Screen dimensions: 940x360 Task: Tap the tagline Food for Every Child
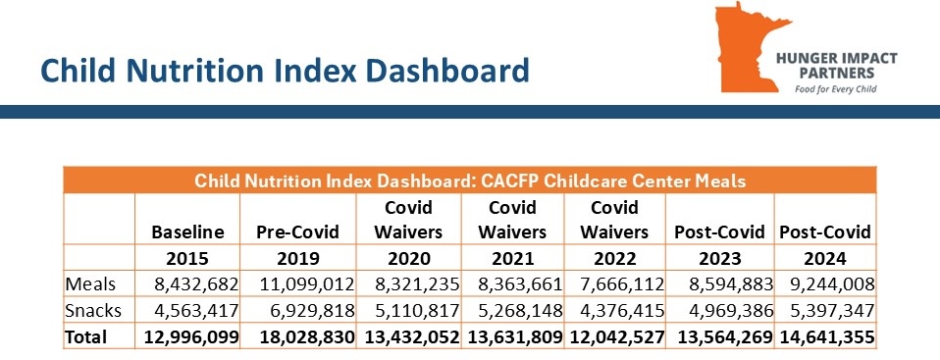click(836, 89)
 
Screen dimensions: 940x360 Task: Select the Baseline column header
click(187, 231)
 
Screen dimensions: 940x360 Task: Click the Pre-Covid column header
click(298, 231)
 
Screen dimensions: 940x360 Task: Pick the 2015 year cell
click(187, 258)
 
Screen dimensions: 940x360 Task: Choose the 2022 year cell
click(614, 258)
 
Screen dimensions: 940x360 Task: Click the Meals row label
click(90, 284)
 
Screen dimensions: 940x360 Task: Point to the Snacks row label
click(93, 311)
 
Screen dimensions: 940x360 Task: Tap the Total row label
click(85, 336)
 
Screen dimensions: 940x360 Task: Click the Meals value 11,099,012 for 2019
click(307, 284)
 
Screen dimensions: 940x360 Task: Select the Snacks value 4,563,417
click(196, 311)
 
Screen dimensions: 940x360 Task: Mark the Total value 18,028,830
click(307, 337)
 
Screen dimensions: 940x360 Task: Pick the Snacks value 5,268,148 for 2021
click(520, 311)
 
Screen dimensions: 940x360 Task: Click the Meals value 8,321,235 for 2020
click(417, 284)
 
